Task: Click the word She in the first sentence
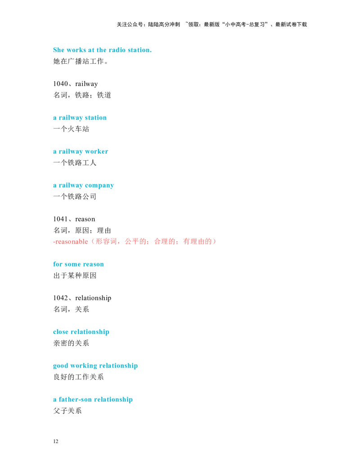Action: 58,51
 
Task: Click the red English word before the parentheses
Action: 71,242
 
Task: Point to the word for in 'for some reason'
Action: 57,265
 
